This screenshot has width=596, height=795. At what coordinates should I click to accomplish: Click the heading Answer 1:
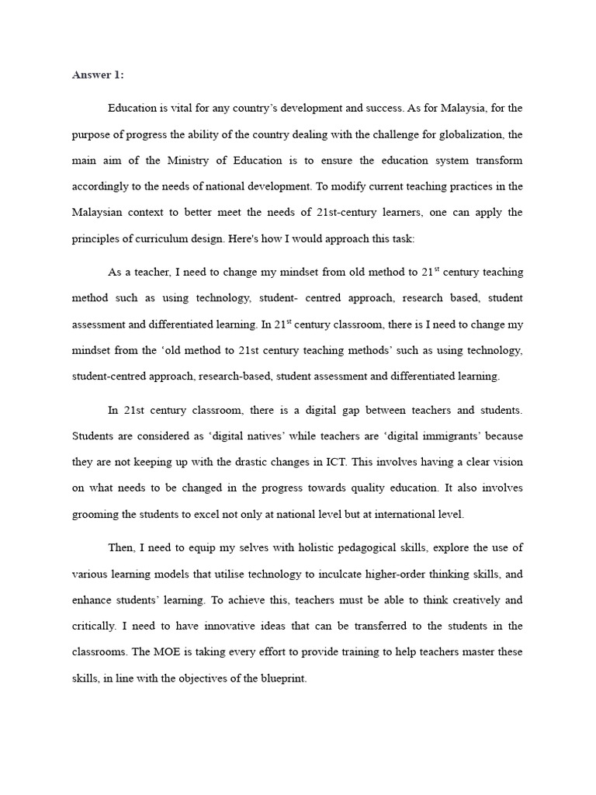pyautogui.click(x=98, y=75)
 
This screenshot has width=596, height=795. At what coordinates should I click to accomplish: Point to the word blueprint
pyautogui.click(x=281, y=679)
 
